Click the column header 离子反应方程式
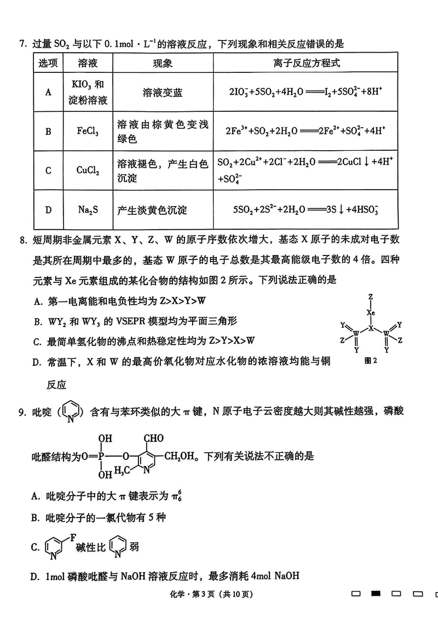(307, 63)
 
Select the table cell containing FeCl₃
(88, 132)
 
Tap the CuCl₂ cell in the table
(88, 170)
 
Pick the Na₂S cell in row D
(88, 210)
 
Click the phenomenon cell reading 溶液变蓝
(162, 93)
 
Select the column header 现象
(162, 63)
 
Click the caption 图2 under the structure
(371, 360)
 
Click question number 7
(22, 44)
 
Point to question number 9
(22, 411)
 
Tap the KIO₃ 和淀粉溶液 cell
(88, 93)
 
